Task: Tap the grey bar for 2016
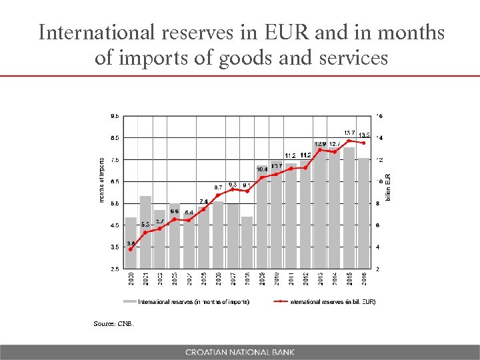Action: pyautogui.click(x=363, y=213)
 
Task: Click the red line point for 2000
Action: pyautogui.click(x=131, y=249)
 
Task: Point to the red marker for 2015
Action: pyautogui.click(x=349, y=141)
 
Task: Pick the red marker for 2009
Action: pyautogui.click(x=261, y=177)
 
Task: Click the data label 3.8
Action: pyautogui.click(x=131, y=243)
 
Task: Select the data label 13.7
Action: pyautogui.click(x=349, y=133)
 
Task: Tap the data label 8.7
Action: pyautogui.click(x=218, y=187)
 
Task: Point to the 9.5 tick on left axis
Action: pyautogui.click(x=115, y=116)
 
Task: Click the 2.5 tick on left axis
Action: pyautogui.click(x=115, y=269)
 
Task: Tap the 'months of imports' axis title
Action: pyautogui.click(x=101, y=180)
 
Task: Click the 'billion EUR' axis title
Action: pyautogui.click(x=389, y=187)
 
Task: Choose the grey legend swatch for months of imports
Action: pyautogui.click(x=129, y=301)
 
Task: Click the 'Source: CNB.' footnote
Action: pyautogui.click(x=114, y=324)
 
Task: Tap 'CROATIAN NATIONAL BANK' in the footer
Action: pyautogui.click(x=240, y=352)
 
